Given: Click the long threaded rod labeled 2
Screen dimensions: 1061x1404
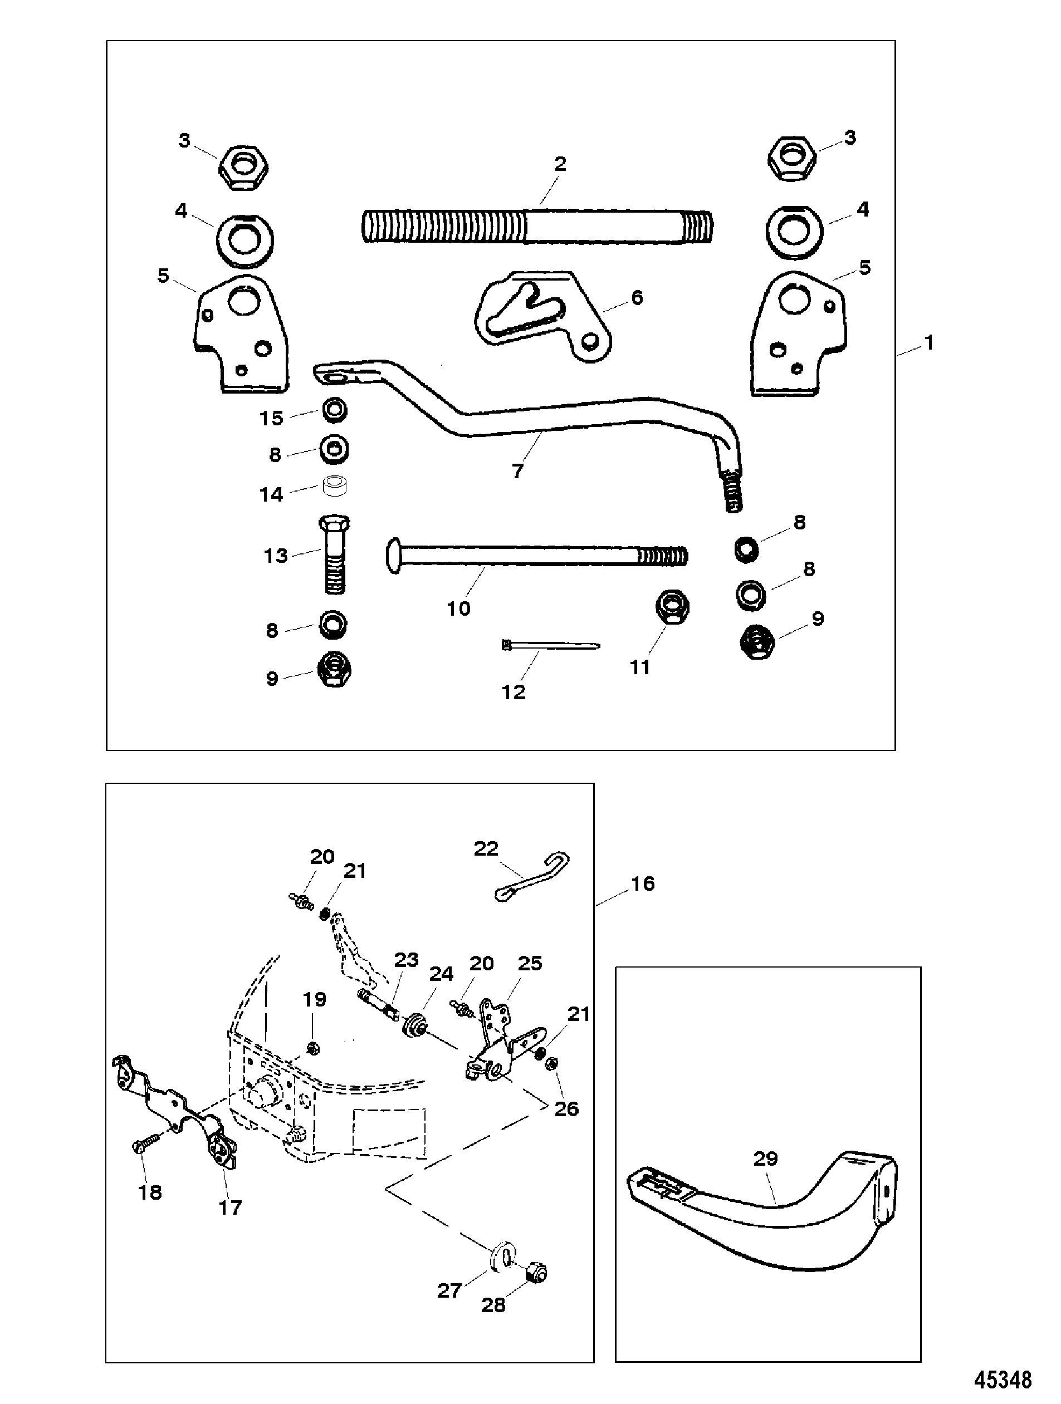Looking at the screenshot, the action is pyautogui.click(x=538, y=226).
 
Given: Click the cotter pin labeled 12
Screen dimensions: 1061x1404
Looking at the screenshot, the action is pyautogui.click(x=550, y=646).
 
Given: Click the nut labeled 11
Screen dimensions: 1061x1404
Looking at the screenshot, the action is pyautogui.click(x=672, y=608).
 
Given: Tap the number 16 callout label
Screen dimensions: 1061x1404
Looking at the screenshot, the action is pyautogui.click(x=642, y=883).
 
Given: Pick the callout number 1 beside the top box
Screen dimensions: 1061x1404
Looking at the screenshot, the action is pyautogui.click(x=929, y=343).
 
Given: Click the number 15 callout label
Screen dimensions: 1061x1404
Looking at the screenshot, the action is pyautogui.click(x=271, y=418).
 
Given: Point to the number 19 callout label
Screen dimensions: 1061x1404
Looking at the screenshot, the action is pyautogui.click(x=314, y=1000).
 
